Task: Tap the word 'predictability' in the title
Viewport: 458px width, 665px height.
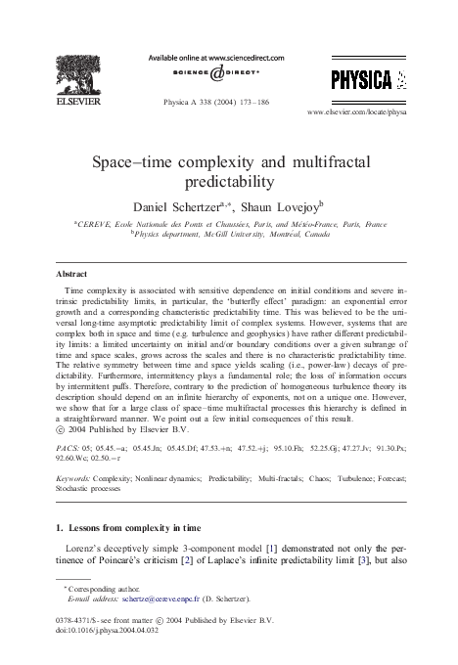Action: (229, 181)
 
